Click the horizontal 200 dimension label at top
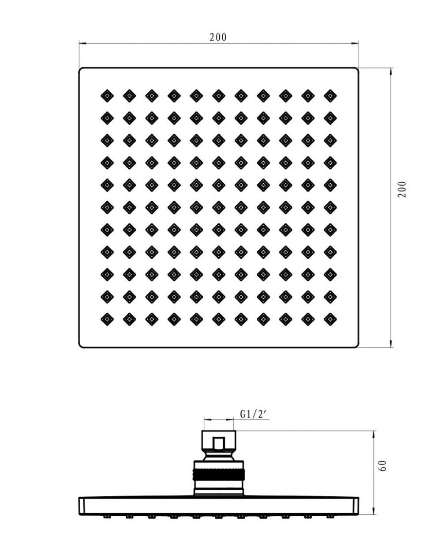(218, 38)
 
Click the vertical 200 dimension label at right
(402, 189)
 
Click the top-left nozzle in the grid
(107, 96)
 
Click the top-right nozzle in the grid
(330, 96)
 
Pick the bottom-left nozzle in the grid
(107, 319)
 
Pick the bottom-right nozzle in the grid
(330, 319)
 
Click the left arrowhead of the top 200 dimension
(82, 44)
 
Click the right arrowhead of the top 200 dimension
(355, 44)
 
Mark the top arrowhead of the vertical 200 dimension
(391, 72)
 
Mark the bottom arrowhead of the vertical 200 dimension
(391, 344)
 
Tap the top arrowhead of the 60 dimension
(374, 435)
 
